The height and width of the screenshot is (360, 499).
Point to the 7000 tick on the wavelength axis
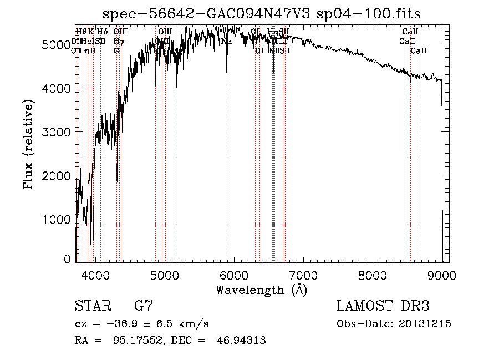coord(303,274)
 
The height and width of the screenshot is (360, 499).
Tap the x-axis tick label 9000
coord(442,274)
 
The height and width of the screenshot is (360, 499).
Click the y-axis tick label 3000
coord(56,132)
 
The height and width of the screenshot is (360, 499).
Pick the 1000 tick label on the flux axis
coord(56,219)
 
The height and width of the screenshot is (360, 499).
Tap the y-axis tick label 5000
coord(56,45)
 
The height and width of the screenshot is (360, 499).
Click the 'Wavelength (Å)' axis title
coord(261,290)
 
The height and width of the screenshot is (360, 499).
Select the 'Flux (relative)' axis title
coord(28,144)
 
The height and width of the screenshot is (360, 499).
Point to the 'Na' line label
coord(226,42)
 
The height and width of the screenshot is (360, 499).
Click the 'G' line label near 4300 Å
coord(116,50)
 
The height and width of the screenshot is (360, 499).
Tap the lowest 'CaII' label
coord(419,50)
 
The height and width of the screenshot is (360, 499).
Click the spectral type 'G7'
coord(144,306)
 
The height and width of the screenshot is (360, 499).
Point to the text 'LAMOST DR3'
coord(383,306)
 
